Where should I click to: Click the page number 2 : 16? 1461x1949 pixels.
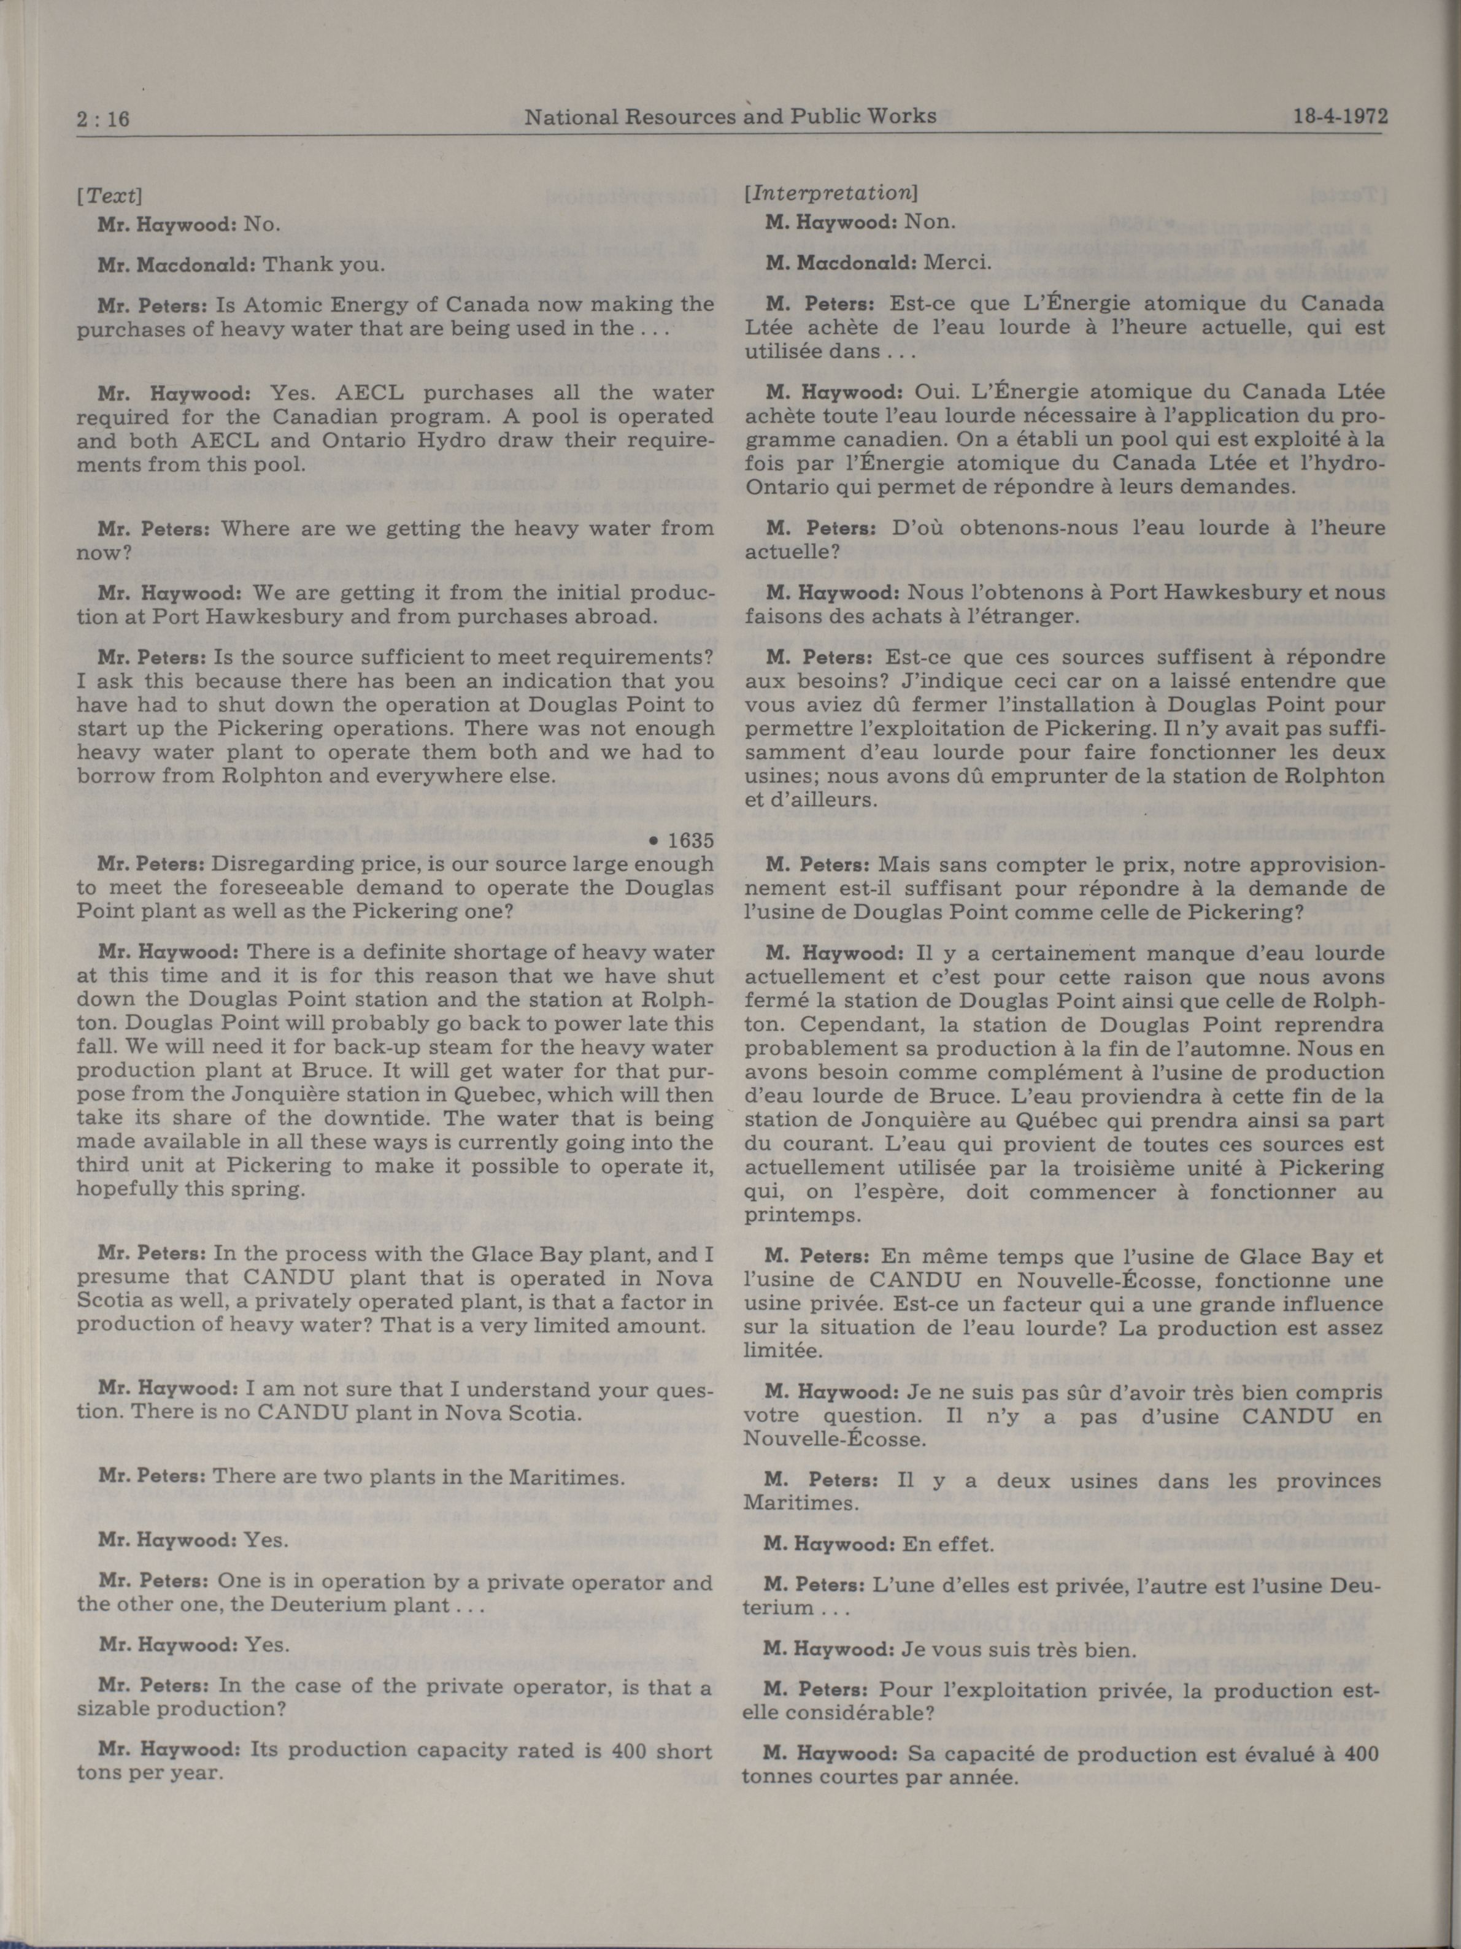[103, 118]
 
